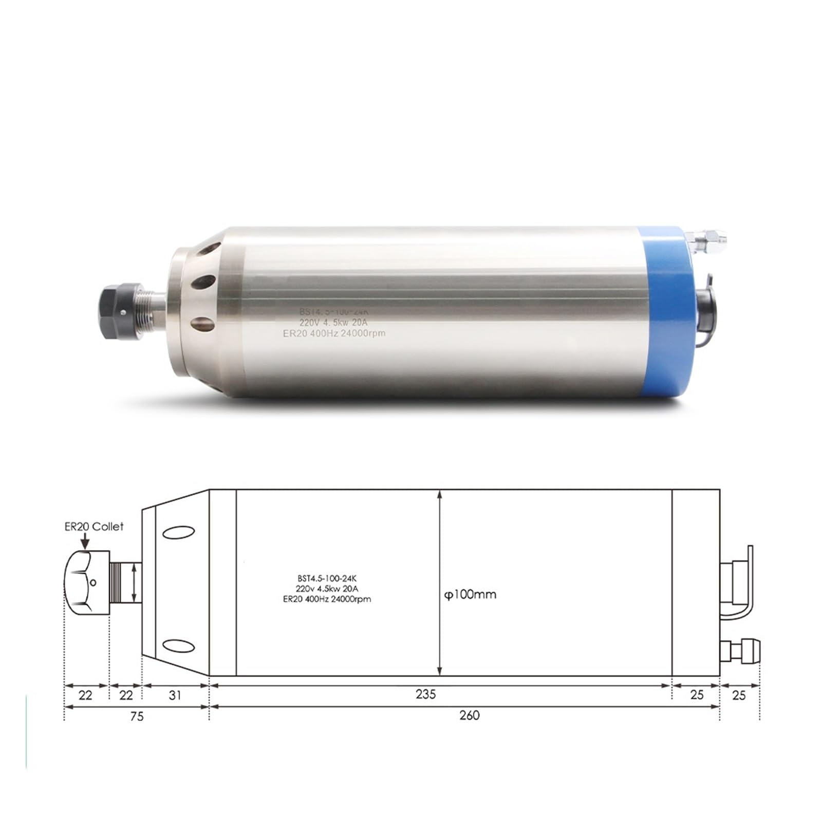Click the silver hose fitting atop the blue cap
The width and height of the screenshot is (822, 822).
pos(706,238)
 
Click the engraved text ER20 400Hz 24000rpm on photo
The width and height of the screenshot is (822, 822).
pos(334,333)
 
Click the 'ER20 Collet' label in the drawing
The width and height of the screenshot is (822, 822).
pos(94,526)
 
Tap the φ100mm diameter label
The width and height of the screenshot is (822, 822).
pos(470,594)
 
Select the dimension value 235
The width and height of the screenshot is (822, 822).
pos(425,694)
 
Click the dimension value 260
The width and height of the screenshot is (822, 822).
pos(469,715)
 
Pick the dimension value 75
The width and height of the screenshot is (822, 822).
pos(136,716)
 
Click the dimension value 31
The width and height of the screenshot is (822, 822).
pos(175,695)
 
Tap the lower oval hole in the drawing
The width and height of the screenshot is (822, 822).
pos(178,645)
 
